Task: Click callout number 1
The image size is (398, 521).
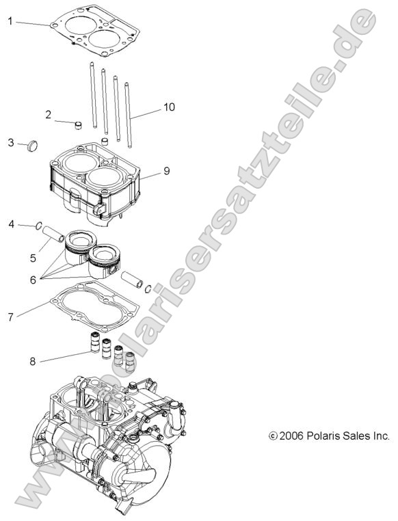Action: (10, 21)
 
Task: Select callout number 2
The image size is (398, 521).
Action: (49, 115)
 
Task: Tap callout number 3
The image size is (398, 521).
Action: (11, 142)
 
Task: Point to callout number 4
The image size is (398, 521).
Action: (11, 224)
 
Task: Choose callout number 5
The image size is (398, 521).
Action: (33, 258)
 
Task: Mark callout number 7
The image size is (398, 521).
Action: (10, 317)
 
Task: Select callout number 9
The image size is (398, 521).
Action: (166, 170)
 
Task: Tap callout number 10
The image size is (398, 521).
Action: (168, 107)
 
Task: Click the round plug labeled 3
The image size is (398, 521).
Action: (34, 146)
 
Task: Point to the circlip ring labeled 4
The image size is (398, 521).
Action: (40, 227)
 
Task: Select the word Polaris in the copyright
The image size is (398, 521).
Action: (326, 435)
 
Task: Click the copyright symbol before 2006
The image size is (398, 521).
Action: (274, 436)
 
